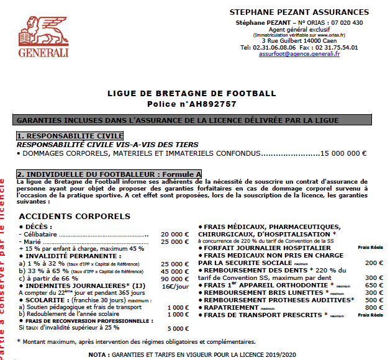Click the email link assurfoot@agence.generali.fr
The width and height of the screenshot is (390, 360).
coord(299,53)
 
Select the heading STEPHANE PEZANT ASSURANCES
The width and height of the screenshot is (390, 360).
coord(299,12)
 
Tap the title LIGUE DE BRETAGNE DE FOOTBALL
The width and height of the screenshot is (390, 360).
coord(191,94)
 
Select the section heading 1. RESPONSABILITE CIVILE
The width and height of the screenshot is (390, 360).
coord(70,135)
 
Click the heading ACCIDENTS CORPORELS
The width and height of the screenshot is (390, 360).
coord(75,216)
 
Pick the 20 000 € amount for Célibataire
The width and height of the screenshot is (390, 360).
coord(175,235)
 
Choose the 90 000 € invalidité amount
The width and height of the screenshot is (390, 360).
coord(175,279)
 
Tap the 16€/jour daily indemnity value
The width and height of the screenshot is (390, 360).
coord(175,287)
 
